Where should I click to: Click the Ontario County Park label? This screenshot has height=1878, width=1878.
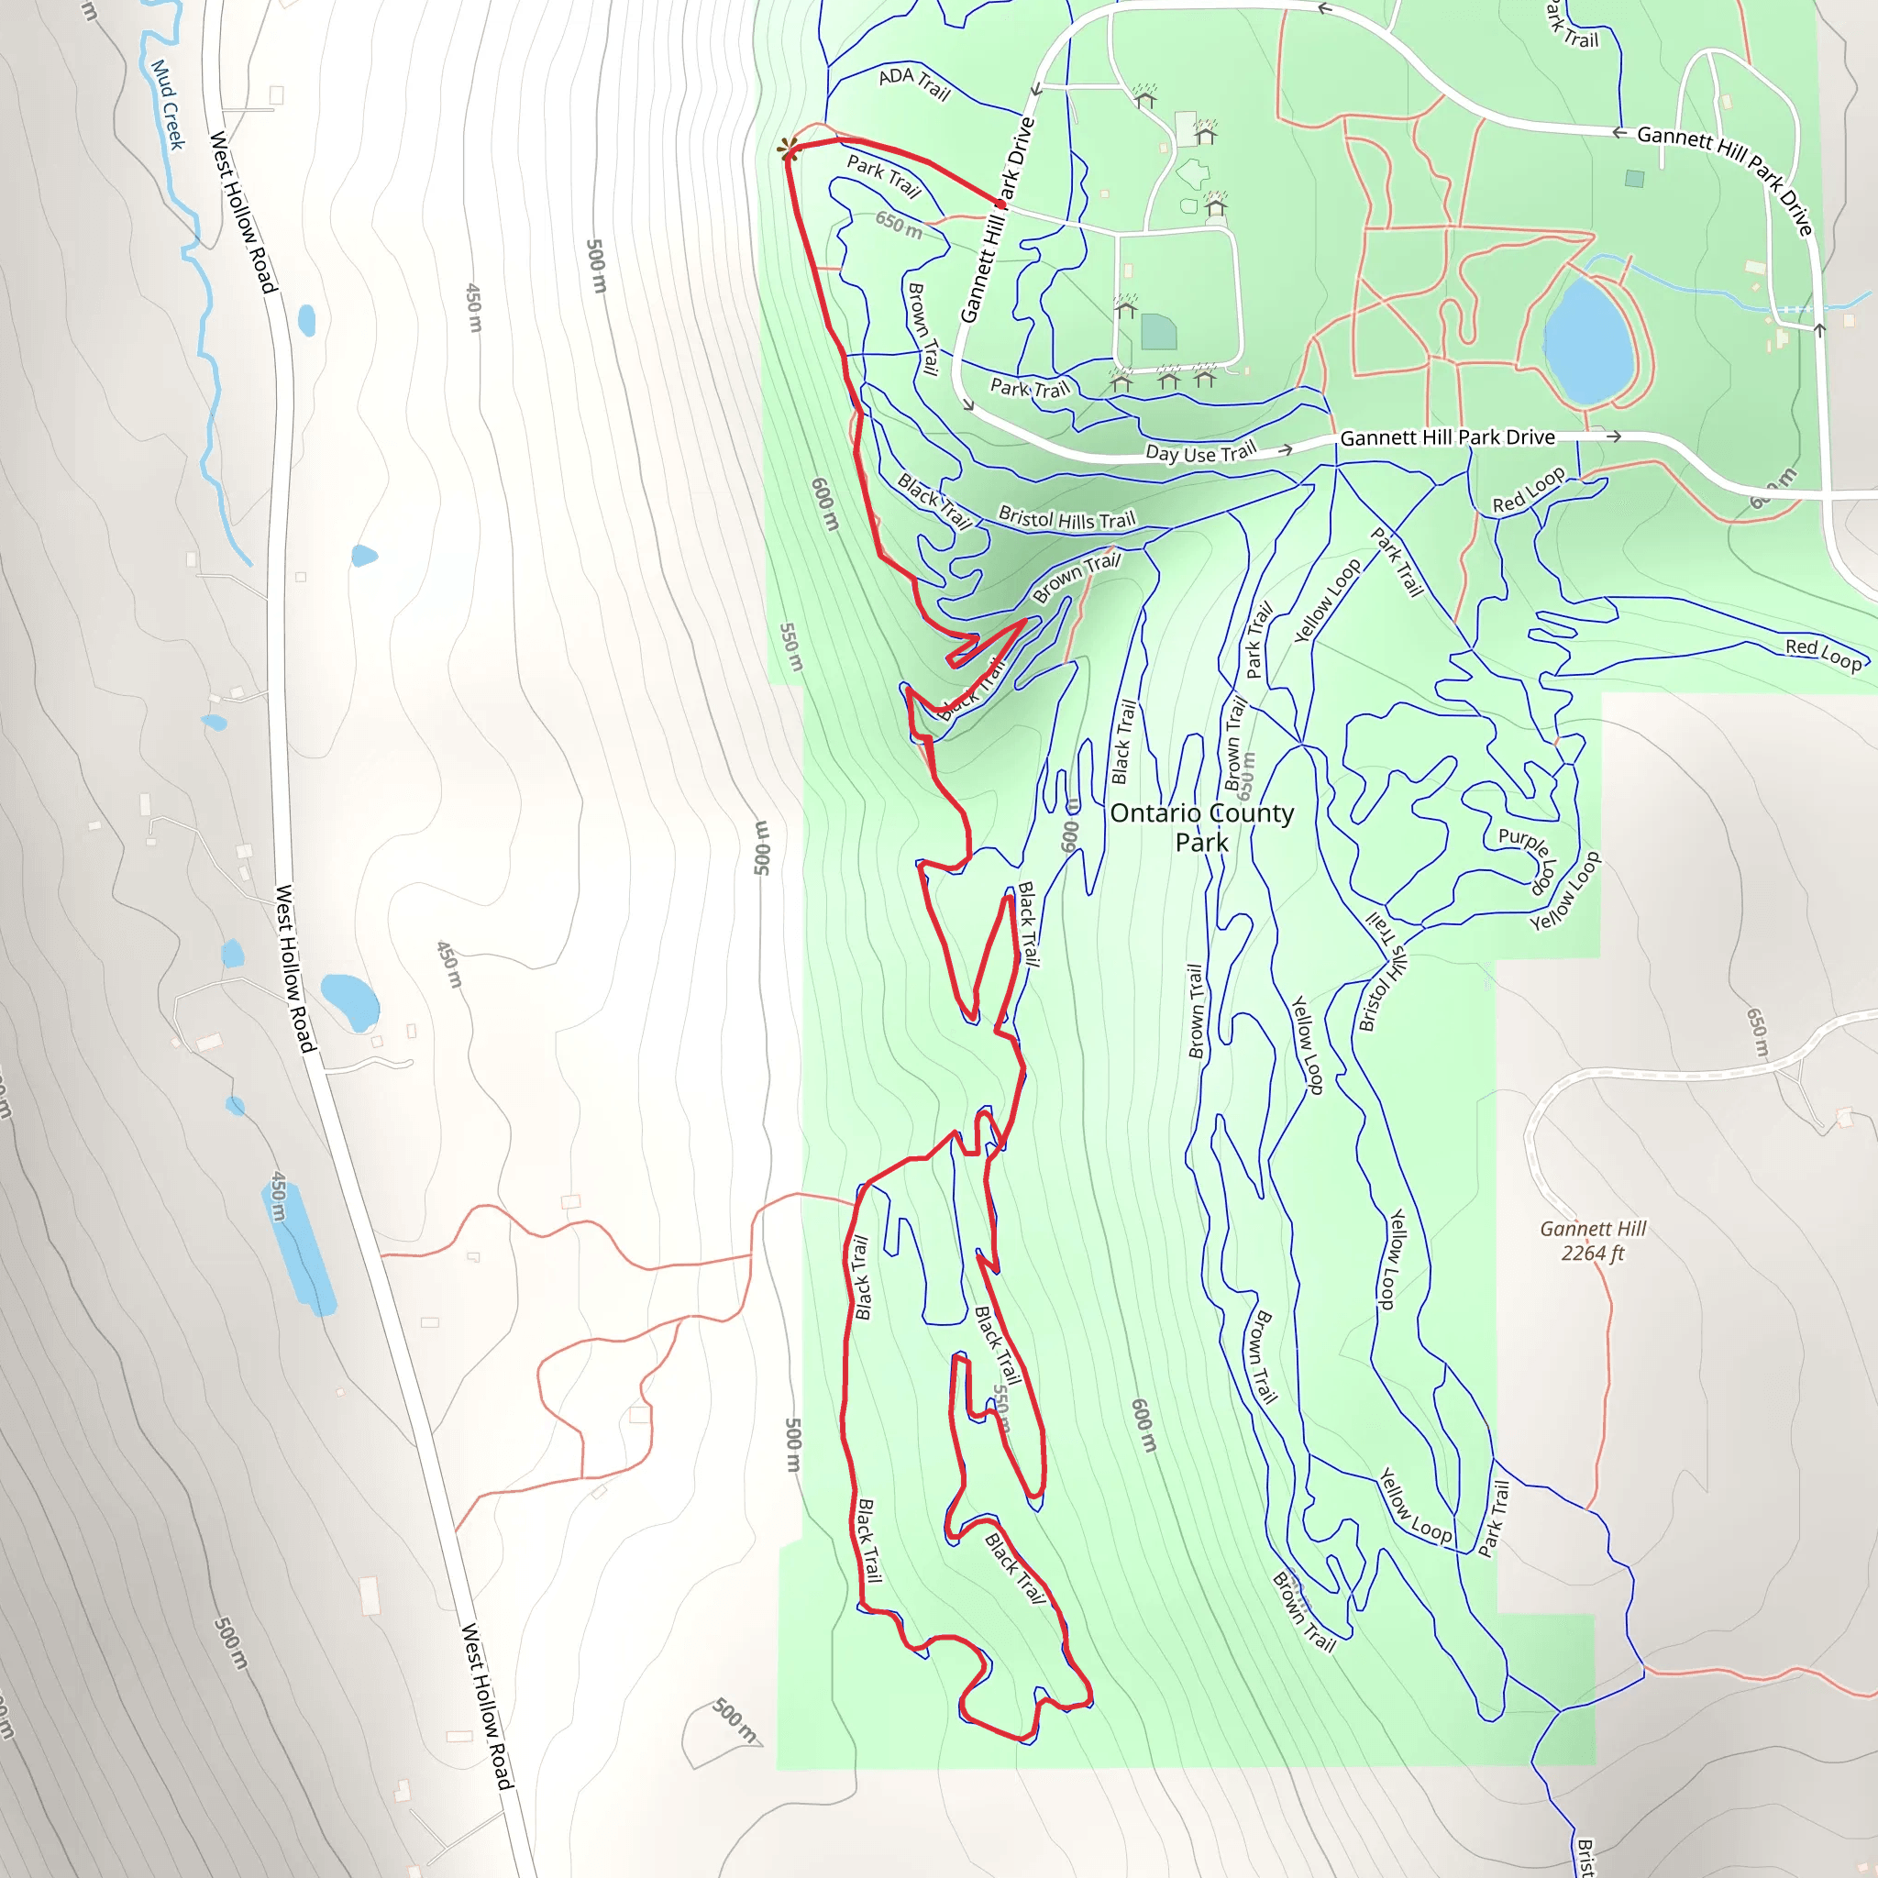[1201, 827]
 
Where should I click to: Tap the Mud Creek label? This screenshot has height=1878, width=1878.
[167, 104]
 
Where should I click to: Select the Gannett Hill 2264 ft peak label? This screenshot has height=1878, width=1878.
[1592, 1241]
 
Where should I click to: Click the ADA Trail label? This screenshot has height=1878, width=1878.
[913, 83]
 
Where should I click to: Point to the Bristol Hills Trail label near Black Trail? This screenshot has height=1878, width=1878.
[1066, 519]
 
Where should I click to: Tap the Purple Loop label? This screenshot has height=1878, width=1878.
[1529, 860]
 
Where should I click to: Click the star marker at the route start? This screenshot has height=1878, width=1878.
[789, 149]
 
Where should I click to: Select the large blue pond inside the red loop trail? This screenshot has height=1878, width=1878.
[1587, 341]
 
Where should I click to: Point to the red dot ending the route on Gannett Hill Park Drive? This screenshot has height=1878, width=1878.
[1001, 204]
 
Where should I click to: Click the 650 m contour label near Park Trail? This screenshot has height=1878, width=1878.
[898, 226]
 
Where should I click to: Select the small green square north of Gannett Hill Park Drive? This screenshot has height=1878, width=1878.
[1634, 179]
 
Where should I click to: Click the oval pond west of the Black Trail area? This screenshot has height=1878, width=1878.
[350, 1001]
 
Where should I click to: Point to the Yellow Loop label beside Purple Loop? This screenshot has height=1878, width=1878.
[1565, 891]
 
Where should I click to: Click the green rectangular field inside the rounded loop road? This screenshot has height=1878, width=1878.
[1159, 331]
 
